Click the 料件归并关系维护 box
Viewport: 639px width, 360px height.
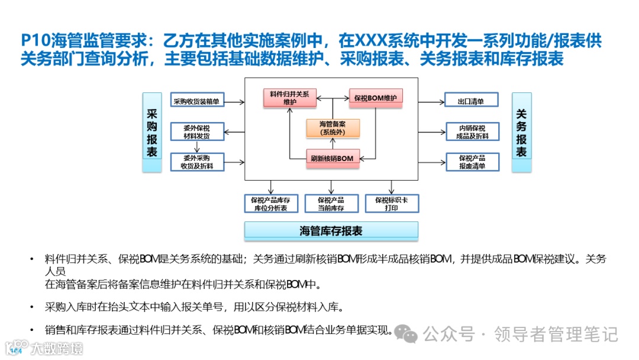(x=290, y=98)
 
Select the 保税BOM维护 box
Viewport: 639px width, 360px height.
(x=375, y=98)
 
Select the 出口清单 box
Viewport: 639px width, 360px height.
(x=471, y=101)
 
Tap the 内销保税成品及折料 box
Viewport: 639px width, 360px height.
(x=472, y=132)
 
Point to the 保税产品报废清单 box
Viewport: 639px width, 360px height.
(x=472, y=162)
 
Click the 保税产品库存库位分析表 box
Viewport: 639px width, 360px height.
(x=271, y=204)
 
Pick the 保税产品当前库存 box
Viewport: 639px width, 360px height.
(x=331, y=204)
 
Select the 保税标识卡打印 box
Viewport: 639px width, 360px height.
(x=391, y=204)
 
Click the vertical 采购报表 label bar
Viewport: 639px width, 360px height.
(x=152, y=133)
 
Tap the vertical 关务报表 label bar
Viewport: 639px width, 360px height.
(x=521, y=133)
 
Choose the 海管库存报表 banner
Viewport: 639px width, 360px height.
(x=331, y=231)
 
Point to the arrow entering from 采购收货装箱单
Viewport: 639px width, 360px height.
(x=233, y=102)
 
